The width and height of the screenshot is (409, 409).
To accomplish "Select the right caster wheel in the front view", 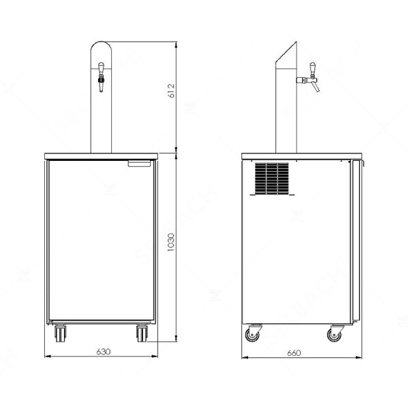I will click(x=142, y=334).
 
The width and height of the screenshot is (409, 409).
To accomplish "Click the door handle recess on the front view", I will click(x=140, y=164).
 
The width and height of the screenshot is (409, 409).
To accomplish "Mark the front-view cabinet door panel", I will click(x=101, y=242).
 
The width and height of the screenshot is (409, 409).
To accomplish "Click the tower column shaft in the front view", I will click(x=101, y=123).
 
